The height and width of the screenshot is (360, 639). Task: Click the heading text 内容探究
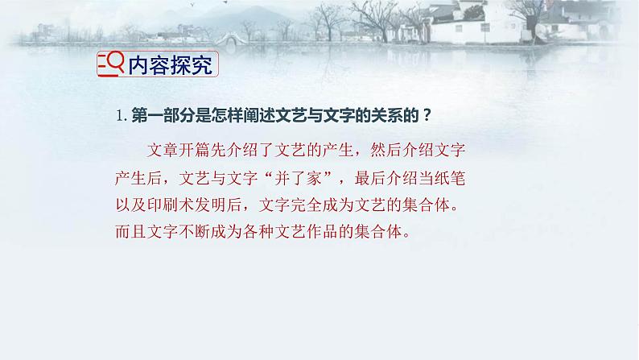tap(171, 66)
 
